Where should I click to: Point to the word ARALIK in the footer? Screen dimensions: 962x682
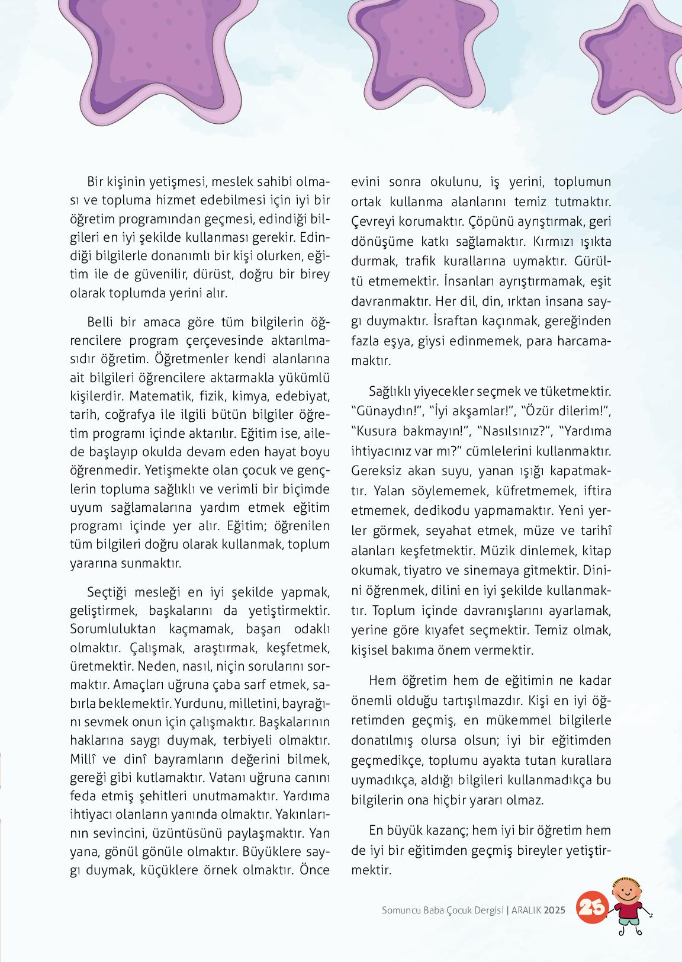pos(525,909)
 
